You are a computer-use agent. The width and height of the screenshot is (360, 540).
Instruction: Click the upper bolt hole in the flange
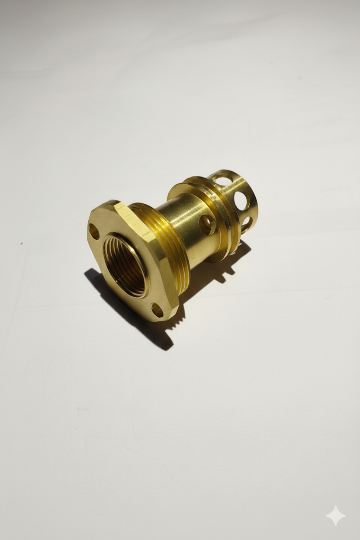tap(93, 231)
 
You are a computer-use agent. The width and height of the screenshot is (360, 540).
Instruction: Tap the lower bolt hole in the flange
tap(157, 310)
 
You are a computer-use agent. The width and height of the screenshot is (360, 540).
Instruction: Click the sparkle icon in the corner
tap(336, 516)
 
